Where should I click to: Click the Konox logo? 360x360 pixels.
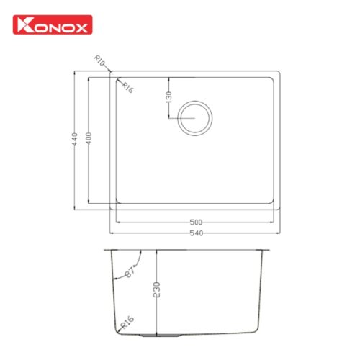[x=53, y=24]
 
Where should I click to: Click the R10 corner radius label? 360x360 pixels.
[x=99, y=60]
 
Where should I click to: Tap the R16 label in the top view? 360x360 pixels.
[x=127, y=87]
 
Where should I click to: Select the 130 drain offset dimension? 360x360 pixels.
[x=169, y=97]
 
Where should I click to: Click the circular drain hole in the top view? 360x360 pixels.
[x=195, y=101]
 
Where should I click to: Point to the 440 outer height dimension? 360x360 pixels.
[x=75, y=139]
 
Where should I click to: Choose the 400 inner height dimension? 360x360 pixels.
[x=89, y=138]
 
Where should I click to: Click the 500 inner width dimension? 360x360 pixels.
[x=196, y=222]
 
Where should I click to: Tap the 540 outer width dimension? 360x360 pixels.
[x=197, y=233]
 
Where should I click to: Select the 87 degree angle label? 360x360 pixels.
[x=130, y=272]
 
